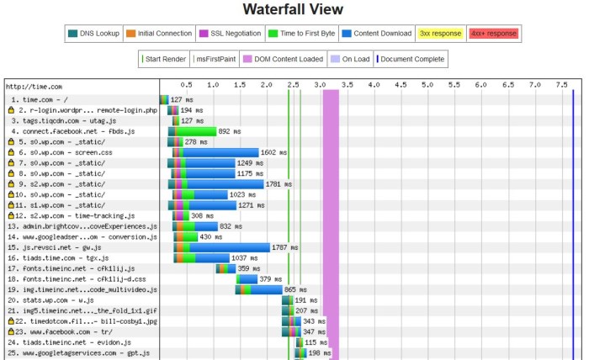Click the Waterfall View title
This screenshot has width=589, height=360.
coord(294,10)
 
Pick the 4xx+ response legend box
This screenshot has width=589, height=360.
coord(492,34)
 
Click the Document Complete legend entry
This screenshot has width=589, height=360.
coord(411,59)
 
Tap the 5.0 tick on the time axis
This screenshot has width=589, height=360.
coord(427,85)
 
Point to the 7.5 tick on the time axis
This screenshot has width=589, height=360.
coord(561,85)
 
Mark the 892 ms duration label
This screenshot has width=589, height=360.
coord(229,131)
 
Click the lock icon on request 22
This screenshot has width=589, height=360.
coord(11,321)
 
